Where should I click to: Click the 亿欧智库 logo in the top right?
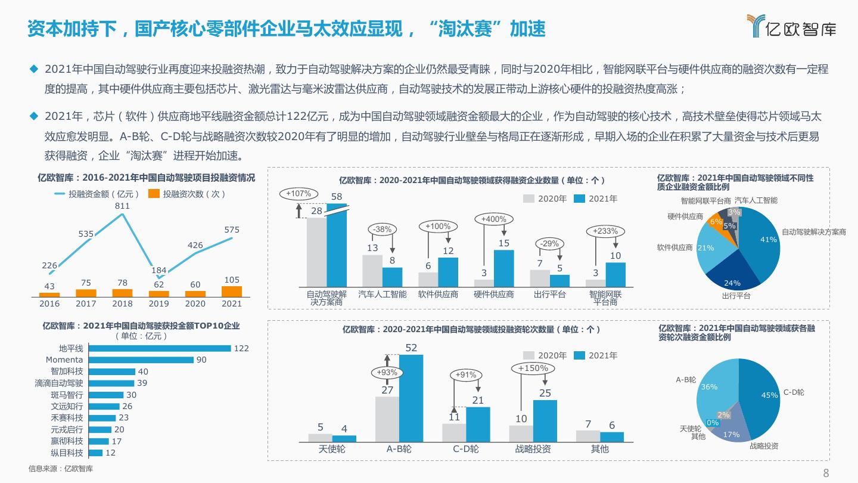coord(791,26)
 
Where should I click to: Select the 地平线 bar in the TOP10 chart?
coord(159,348)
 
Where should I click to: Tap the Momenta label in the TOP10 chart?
coord(64,360)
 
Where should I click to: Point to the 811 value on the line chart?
coord(123,206)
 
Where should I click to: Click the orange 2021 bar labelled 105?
coord(232,292)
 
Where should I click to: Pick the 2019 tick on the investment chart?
coord(158,304)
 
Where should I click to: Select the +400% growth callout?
coord(494,219)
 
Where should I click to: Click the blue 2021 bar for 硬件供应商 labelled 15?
coord(503,268)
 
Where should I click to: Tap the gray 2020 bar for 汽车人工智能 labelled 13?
coord(372,271)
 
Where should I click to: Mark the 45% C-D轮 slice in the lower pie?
coord(763,400)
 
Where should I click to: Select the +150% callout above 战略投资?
coord(533,369)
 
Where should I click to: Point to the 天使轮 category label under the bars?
coord(332,449)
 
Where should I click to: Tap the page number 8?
coord(826,473)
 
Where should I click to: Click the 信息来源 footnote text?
coord(61,469)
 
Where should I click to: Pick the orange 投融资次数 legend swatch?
coord(154,194)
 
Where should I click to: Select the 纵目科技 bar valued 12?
coord(95,453)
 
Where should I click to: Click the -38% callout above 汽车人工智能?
coord(381,230)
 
